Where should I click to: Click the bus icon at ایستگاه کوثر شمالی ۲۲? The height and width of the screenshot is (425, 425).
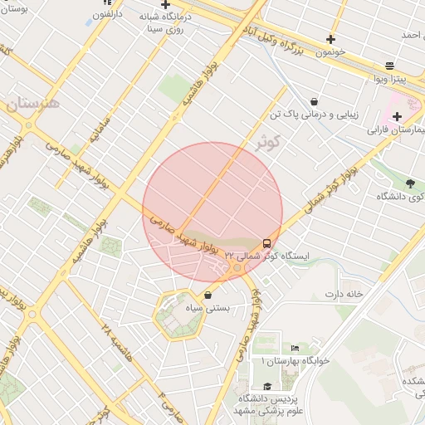pos(266,243)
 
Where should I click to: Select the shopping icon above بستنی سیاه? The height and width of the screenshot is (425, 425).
pos(207,295)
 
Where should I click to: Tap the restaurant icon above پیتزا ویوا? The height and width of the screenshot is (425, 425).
pos(390,66)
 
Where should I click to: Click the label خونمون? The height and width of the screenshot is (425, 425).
pos(348,51)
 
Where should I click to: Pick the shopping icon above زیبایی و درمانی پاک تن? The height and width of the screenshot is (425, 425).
pos(314,101)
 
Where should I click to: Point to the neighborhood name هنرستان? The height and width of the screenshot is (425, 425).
pos(33,105)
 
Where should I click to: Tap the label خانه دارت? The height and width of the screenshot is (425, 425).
pos(344,294)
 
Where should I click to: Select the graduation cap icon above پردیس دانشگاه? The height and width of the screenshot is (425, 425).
pos(266,386)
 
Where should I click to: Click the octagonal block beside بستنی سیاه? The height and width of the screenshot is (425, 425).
pos(178,315)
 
